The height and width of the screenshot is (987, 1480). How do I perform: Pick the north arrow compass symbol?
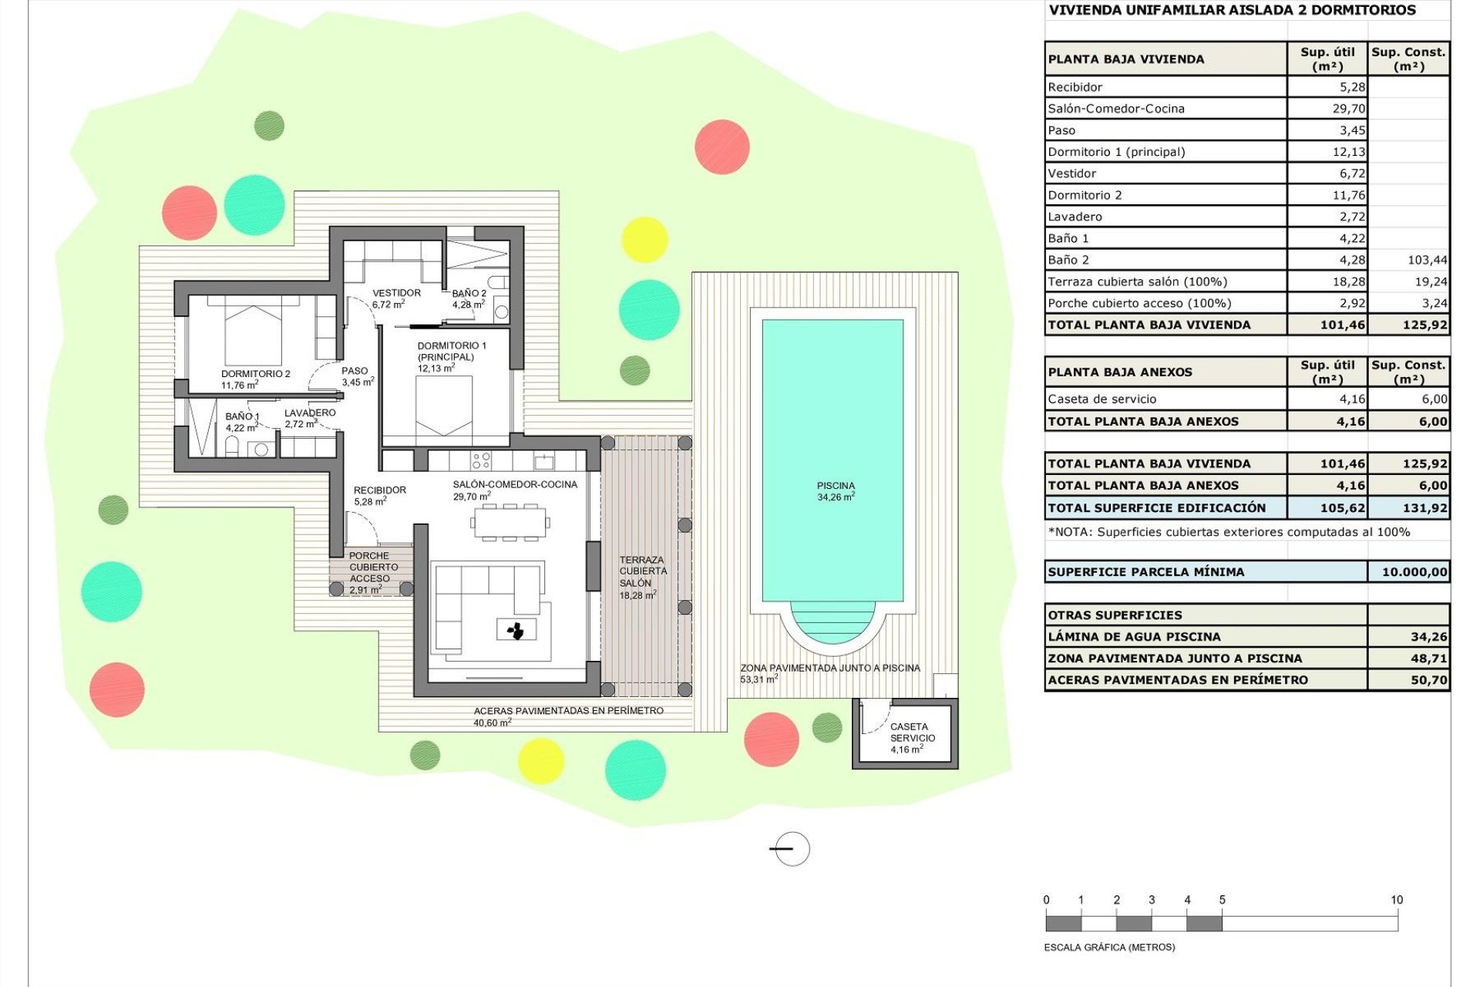pos(790,849)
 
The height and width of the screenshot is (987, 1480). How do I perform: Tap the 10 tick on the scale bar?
pos(1396,900)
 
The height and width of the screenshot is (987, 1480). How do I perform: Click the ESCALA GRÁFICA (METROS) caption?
pos(1108,947)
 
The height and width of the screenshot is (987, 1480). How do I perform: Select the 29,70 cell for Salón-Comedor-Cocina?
pos(1348,109)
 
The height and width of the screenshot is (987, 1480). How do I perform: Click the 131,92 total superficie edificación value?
pos(1424,508)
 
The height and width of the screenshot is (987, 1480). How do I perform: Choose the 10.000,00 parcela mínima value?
pos(1414,572)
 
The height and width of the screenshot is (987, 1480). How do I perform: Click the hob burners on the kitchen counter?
pos(481,460)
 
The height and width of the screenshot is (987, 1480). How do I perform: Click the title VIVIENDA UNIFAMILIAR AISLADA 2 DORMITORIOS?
pos(1232,10)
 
